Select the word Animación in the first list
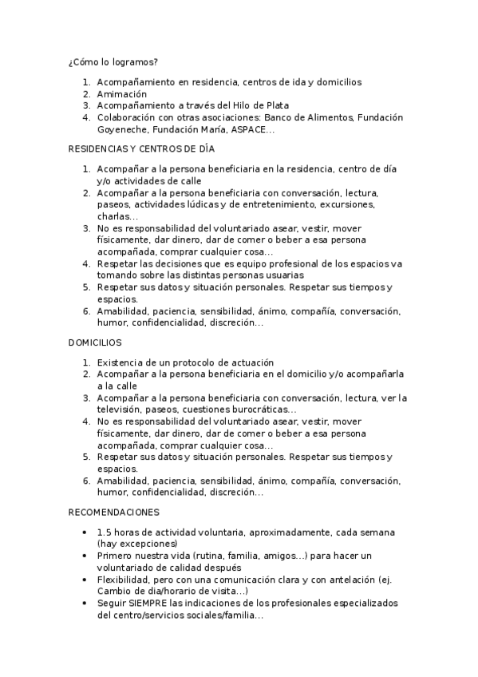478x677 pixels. [122, 93]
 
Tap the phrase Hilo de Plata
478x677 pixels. [262, 105]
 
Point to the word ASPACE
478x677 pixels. [248, 129]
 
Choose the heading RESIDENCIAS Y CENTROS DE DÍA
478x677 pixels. [141, 148]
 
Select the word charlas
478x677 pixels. [115, 216]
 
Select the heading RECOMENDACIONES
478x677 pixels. [114, 512]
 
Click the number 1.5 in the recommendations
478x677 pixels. [104, 532]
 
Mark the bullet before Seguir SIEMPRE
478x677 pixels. [85, 603]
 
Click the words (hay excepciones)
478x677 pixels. [136, 544]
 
